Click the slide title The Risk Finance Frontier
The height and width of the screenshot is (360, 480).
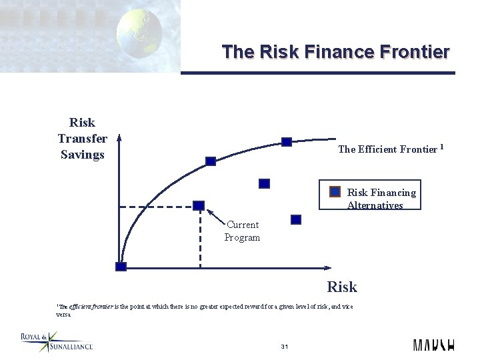[335, 51]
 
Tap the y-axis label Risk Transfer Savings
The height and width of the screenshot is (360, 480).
[82, 139]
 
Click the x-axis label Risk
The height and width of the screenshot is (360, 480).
[341, 287]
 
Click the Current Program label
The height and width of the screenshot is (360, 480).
[242, 231]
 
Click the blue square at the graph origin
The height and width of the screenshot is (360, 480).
[121, 267]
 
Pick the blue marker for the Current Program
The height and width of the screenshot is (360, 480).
[199, 205]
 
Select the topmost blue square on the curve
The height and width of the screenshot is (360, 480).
[287, 141]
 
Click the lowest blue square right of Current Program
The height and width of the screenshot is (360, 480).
[296, 219]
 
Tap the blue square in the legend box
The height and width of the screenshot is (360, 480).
[336, 192]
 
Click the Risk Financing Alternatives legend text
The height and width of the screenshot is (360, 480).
[381, 199]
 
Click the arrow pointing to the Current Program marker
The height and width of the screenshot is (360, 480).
[215, 215]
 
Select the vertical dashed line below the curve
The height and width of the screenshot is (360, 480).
[199, 240]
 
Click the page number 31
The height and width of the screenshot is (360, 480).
[284, 347]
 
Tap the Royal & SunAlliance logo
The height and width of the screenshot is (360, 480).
[57, 342]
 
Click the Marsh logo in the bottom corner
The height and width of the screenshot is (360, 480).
[433, 345]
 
